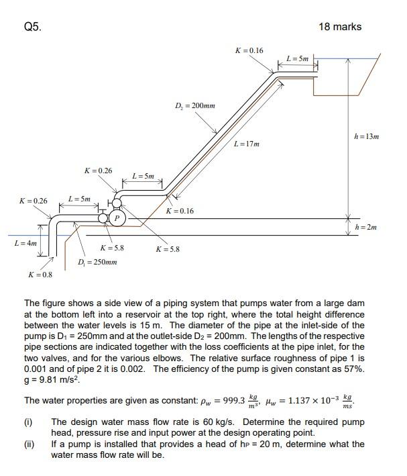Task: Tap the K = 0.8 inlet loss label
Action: (x=40, y=275)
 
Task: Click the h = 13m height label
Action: (x=367, y=136)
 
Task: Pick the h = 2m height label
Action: (x=365, y=227)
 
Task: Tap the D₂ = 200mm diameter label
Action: (x=194, y=106)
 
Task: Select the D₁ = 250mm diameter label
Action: (x=97, y=262)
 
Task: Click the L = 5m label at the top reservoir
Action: (x=297, y=59)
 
